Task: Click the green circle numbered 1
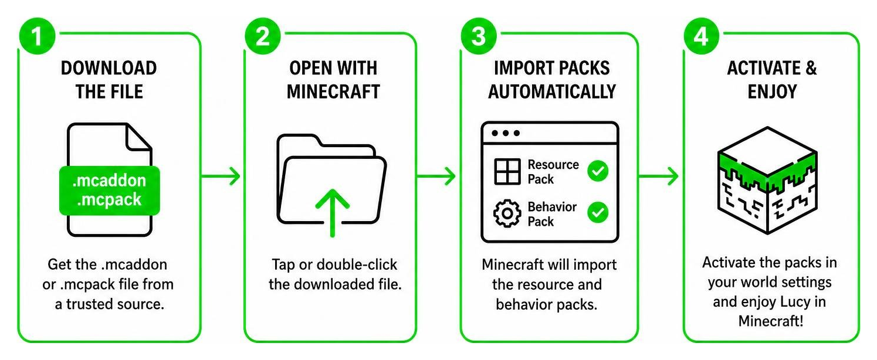(37, 36)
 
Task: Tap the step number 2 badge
(263, 36)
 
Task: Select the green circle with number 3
(479, 36)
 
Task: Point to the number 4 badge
(701, 36)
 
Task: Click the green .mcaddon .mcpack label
(109, 191)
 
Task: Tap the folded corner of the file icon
(138, 137)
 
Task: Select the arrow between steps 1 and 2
(221, 176)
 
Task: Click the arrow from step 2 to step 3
(436, 176)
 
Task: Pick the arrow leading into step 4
(659, 176)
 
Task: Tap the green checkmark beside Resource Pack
(598, 171)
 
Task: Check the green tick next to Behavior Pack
(598, 212)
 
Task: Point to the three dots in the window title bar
(506, 133)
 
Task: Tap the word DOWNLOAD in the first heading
(109, 68)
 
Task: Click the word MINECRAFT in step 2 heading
(333, 91)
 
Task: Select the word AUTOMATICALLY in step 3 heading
(552, 91)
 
